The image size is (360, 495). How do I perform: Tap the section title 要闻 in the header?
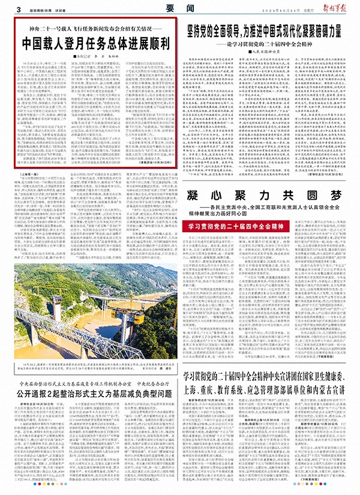(175, 7)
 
